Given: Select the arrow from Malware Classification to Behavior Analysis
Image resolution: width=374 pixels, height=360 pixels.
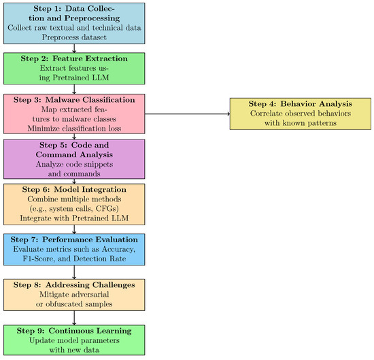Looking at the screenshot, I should pos(188,113).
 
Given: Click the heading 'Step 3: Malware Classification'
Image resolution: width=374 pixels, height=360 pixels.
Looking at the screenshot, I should pos(73,99).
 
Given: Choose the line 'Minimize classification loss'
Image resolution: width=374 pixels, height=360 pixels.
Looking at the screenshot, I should pos(73,127).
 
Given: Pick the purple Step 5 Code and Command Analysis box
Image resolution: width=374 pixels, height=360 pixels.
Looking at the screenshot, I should pos(73,159).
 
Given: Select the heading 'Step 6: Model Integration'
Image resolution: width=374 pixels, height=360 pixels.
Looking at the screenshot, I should pos(73,189).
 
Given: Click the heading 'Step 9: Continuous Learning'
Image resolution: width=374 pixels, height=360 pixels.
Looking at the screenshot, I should pos(73,330).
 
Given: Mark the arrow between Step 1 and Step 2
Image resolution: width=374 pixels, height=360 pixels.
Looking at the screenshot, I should pos(73,48).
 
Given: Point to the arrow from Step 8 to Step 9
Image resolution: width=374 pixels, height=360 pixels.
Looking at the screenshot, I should pos(73,317).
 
